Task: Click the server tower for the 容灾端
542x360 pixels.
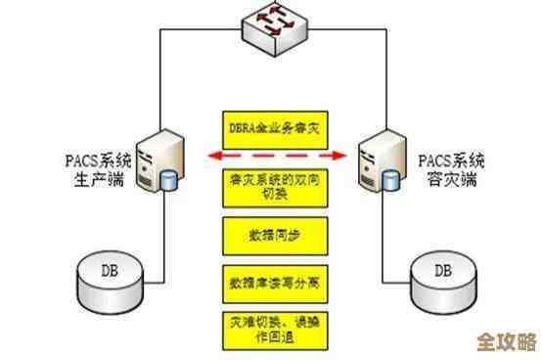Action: click(381, 162)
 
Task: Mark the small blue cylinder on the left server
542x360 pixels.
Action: click(171, 182)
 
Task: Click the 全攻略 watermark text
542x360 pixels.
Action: click(505, 342)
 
